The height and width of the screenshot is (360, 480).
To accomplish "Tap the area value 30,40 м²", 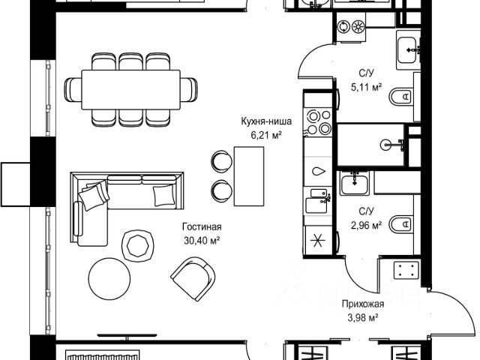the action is coord(202,240).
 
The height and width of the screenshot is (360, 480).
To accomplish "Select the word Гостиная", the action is coord(202,227).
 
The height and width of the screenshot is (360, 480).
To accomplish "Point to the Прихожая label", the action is coord(363,304).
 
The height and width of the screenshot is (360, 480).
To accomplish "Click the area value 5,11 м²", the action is coord(367,86).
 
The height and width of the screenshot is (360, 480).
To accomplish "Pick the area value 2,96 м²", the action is coord(367,223).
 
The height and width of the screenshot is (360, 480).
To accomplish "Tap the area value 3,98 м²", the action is coord(363,317).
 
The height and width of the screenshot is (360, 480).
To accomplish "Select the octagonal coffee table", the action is coord(137,244).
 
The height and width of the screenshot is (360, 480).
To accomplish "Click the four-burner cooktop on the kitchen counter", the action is coord(317,122).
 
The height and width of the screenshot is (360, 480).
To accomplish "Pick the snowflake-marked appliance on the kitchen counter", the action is coord(317,241).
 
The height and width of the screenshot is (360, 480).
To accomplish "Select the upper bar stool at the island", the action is coord(220,160).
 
